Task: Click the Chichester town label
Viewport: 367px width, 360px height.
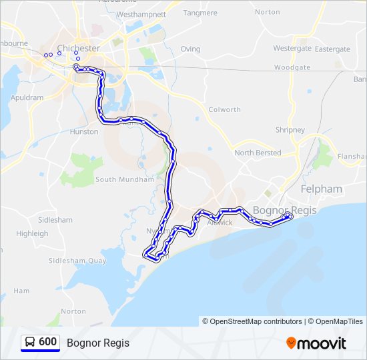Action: pyautogui.click(x=79, y=49)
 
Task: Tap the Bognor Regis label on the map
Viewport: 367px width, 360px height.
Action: pyautogui.click(x=280, y=210)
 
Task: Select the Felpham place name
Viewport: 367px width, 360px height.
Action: pyautogui.click(x=321, y=189)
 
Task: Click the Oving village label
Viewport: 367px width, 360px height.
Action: pyautogui.click(x=190, y=49)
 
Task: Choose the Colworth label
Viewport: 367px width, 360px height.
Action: pyautogui.click(x=224, y=110)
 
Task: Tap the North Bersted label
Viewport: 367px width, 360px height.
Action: pyautogui.click(x=258, y=153)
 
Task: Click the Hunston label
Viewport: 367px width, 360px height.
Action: pyautogui.click(x=84, y=132)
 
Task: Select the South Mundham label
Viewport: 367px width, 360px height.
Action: pyautogui.click(x=125, y=179)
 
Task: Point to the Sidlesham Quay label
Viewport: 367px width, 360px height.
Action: pyautogui.click(x=78, y=261)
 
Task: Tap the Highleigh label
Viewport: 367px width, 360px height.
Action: pyautogui.click(x=32, y=234)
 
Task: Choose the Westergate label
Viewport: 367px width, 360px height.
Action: pyautogui.click(x=292, y=49)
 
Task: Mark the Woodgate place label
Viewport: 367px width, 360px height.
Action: pyautogui.click(x=292, y=67)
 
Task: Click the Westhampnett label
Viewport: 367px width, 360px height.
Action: pyautogui.click(x=141, y=14)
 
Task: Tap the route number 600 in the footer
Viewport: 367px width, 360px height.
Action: pyautogui.click(x=47, y=342)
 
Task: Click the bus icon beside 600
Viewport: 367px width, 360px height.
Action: pyautogui.click(x=30, y=342)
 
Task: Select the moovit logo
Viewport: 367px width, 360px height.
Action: pyautogui.click(x=316, y=343)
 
